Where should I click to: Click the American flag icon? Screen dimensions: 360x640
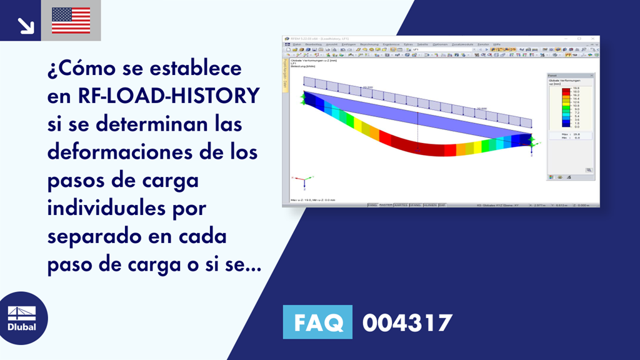71,21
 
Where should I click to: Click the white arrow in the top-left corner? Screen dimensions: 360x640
25,24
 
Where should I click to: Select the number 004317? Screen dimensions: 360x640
407,323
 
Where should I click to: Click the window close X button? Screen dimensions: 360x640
594,39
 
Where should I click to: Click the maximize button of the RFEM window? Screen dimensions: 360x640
579,39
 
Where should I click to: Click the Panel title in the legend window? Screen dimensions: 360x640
553,75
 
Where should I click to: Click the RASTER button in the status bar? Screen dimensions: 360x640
386,204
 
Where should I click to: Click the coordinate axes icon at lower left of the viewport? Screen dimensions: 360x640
301,180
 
